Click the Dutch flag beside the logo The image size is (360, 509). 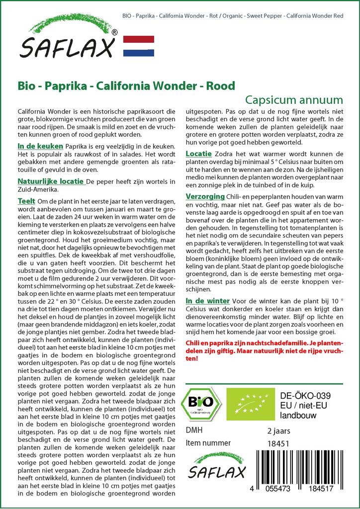coord(138,46)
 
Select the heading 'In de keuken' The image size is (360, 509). coord(40,146)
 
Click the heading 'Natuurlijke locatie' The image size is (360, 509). coord(50,181)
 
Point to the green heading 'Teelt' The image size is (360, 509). coord(26,200)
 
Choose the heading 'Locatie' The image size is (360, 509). coord(199,154)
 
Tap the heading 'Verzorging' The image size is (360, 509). coord(205,196)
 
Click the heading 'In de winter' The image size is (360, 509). coord(207,301)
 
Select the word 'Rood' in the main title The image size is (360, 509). coord(221,86)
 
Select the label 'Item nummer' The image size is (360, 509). coord(208,443)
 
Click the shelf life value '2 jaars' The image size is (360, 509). coord(278,430)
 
